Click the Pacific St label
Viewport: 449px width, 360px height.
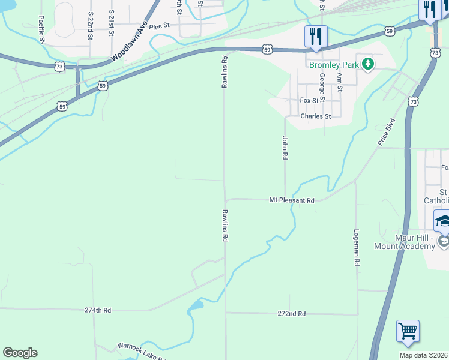click(x=41, y=29)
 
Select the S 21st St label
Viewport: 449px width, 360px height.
click(x=112, y=23)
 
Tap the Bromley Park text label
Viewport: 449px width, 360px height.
click(x=334, y=65)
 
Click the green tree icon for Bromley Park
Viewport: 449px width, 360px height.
click(x=367, y=65)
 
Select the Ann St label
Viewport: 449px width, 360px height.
click(x=339, y=82)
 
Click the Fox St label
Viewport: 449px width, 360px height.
click(x=309, y=101)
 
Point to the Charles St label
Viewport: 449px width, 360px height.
click(x=316, y=116)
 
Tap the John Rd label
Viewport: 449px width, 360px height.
click(x=285, y=148)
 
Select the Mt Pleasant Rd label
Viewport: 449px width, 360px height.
click(x=292, y=200)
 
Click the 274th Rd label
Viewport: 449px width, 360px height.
click(x=98, y=310)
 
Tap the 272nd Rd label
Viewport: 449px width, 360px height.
click(x=292, y=314)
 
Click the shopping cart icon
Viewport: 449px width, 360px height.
click(x=408, y=331)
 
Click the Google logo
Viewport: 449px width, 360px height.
click(x=20, y=353)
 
